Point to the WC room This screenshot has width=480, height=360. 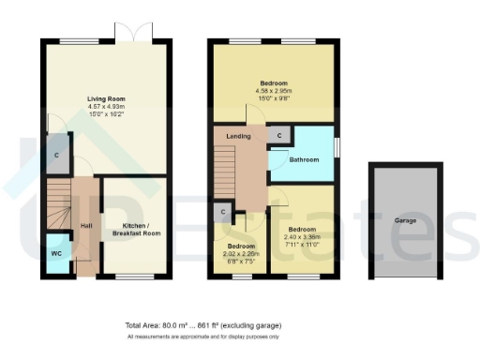pos(56,254)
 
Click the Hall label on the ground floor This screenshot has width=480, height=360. pos(85,226)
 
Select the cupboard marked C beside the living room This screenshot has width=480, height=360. pos(57,156)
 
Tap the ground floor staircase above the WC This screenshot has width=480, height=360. pos(59,205)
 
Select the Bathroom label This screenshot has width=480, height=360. pos(304,160)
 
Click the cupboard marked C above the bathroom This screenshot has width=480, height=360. pos(277,136)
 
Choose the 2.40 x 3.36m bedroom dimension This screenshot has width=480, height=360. pos(302,237)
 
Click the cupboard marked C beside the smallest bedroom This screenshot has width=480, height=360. pos(223,213)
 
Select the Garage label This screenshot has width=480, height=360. pos(405,220)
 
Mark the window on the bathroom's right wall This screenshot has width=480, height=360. pos(337,149)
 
